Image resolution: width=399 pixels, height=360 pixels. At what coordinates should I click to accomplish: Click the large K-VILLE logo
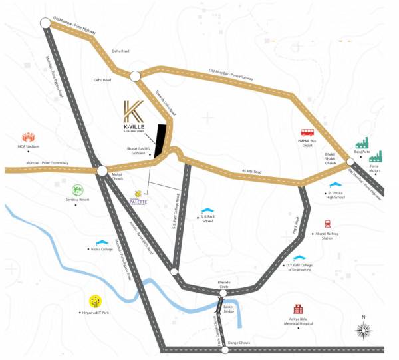point(132,116)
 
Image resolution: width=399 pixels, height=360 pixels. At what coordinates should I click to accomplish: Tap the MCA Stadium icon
point(29,136)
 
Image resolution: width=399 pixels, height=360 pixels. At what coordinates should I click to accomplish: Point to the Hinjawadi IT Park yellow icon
point(96,300)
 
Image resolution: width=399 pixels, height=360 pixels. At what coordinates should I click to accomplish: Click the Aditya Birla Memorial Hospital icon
point(299,310)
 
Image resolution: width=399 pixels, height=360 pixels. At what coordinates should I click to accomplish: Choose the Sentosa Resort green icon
point(77,190)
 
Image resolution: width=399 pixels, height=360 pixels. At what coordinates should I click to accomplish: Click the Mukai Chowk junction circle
point(102,171)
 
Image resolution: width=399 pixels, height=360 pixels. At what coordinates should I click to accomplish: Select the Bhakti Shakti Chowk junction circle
point(350,162)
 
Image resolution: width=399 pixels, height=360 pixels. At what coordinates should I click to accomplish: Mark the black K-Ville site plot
point(160,140)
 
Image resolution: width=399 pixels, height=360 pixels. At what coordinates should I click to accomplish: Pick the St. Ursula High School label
point(331,195)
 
